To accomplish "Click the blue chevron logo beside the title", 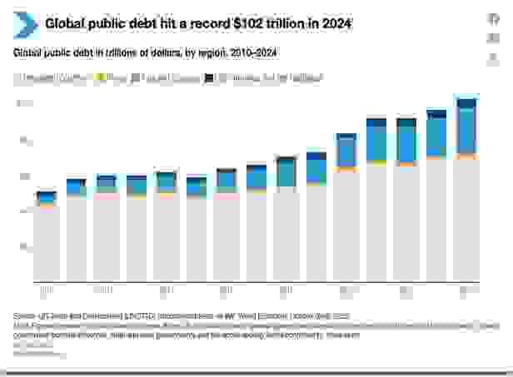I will pyautogui.click(x=24, y=25).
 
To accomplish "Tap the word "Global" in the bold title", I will pyautogui.click(x=66, y=24).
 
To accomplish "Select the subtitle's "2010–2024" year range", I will pyautogui.click(x=247, y=53).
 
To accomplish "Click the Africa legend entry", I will pyautogui.click(x=112, y=78).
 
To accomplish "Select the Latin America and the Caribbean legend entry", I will pyautogui.click(x=266, y=78).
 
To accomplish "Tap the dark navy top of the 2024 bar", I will pyautogui.click(x=466, y=103).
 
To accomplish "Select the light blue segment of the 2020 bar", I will pyautogui.click(x=346, y=152).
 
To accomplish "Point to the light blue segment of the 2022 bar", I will pyautogui.click(x=406, y=143).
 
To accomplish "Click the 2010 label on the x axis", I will pyautogui.click(x=46, y=290).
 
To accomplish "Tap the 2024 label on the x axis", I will pyautogui.click(x=466, y=290).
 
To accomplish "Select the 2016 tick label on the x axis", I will pyautogui.click(x=226, y=290).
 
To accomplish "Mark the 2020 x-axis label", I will pyautogui.click(x=346, y=290).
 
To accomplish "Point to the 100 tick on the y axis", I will pyautogui.click(x=24, y=103).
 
